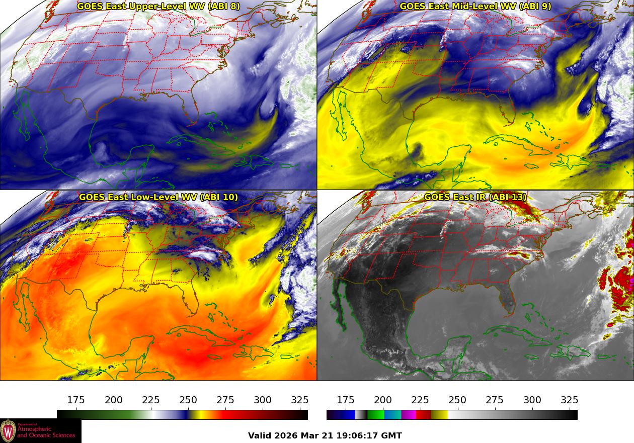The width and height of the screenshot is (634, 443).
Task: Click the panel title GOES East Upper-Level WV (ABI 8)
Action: coord(158,7)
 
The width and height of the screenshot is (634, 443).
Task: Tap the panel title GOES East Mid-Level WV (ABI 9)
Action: coord(475,7)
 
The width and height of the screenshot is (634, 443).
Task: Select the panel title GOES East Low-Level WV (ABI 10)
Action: coord(158,197)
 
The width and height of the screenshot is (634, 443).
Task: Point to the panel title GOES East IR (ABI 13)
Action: coord(475,197)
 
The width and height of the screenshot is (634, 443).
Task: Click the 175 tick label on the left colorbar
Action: coord(76,400)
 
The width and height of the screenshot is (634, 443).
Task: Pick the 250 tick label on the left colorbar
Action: coord(188,400)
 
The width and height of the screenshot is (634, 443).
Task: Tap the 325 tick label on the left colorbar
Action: coord(300,400)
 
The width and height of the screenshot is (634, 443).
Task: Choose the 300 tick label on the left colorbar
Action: coord(263,400)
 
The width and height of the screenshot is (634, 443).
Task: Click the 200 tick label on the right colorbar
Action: coord(383,400)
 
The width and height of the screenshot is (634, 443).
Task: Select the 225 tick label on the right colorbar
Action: coord(420,400)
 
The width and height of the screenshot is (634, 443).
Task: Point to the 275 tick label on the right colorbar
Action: coord(495,400)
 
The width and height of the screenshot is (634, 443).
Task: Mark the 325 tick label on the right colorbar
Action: coord(569,400)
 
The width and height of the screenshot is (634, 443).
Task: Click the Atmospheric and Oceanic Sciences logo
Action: coord(40,431)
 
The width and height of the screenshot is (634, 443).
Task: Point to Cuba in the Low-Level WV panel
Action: coord(201,334)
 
